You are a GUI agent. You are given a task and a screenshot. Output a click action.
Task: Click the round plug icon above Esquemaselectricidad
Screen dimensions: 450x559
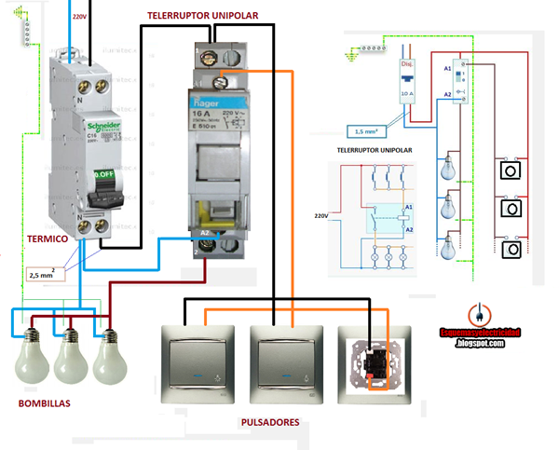point(476,315)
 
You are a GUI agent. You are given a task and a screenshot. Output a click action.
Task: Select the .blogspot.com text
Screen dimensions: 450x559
point(480,343)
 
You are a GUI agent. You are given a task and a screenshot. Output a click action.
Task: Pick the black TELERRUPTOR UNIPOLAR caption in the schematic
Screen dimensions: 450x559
point(375,149)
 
